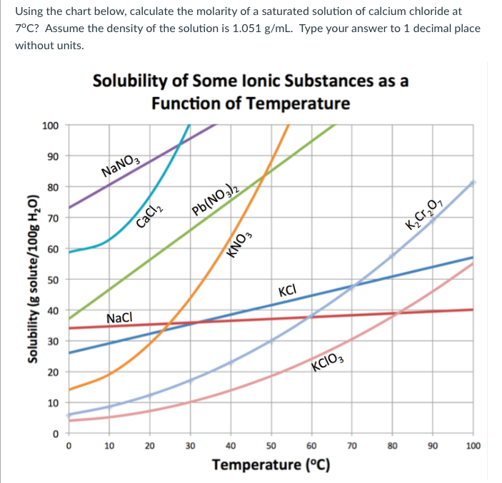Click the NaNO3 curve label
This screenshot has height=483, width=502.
point(124,167)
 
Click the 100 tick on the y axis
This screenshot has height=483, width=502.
point(50,126)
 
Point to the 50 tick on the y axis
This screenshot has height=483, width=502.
point(52,280)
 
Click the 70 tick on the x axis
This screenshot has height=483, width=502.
point(351,446)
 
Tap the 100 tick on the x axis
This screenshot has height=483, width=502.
point(472,446)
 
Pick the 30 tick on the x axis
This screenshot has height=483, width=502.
point(190,446)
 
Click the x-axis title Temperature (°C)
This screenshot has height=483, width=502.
point(271,465)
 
